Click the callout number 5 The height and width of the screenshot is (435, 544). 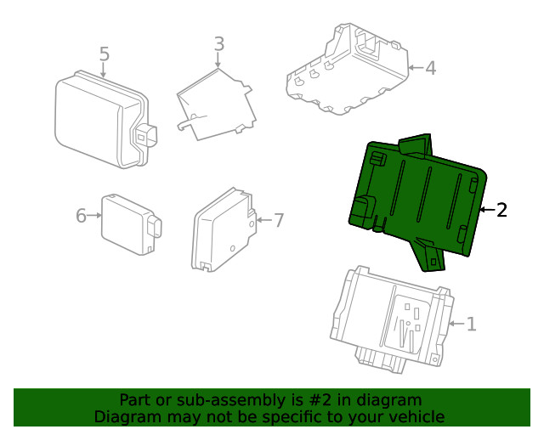[x=105, y=54]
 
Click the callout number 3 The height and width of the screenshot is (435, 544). [x=218, y=42]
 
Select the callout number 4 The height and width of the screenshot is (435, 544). [x=430, y=67]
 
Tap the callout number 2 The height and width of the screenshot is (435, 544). [x=501, y=210]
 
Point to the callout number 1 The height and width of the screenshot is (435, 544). [x=471, y=324]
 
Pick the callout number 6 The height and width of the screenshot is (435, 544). [x=81, y=216]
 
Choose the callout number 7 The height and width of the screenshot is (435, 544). [x=278, y=220]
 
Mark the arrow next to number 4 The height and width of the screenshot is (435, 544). [x=415, y=67]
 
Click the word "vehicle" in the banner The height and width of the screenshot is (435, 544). [x=416, y=416]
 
